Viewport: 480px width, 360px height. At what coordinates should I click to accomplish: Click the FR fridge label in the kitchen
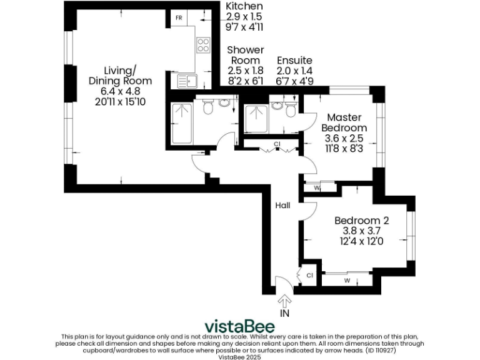(178, 17)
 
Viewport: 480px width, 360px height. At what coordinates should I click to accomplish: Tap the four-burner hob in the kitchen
(203, 44)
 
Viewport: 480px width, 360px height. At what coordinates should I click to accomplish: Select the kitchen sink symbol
(187, 80)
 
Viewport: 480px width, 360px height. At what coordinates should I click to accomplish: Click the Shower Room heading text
(246, 55)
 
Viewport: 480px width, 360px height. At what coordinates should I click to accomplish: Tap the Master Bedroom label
(345, 122)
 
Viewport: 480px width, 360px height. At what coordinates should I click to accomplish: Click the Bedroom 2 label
(361, 220)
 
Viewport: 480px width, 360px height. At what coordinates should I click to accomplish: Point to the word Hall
(283, 205)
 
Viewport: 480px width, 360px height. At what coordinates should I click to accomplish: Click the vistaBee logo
(240, 326)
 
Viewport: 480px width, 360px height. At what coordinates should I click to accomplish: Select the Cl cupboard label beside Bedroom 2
(309, 274)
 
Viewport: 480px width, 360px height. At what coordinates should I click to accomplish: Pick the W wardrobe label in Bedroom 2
(346, 280)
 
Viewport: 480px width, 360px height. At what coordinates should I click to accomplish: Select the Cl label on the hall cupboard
(276, 144)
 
